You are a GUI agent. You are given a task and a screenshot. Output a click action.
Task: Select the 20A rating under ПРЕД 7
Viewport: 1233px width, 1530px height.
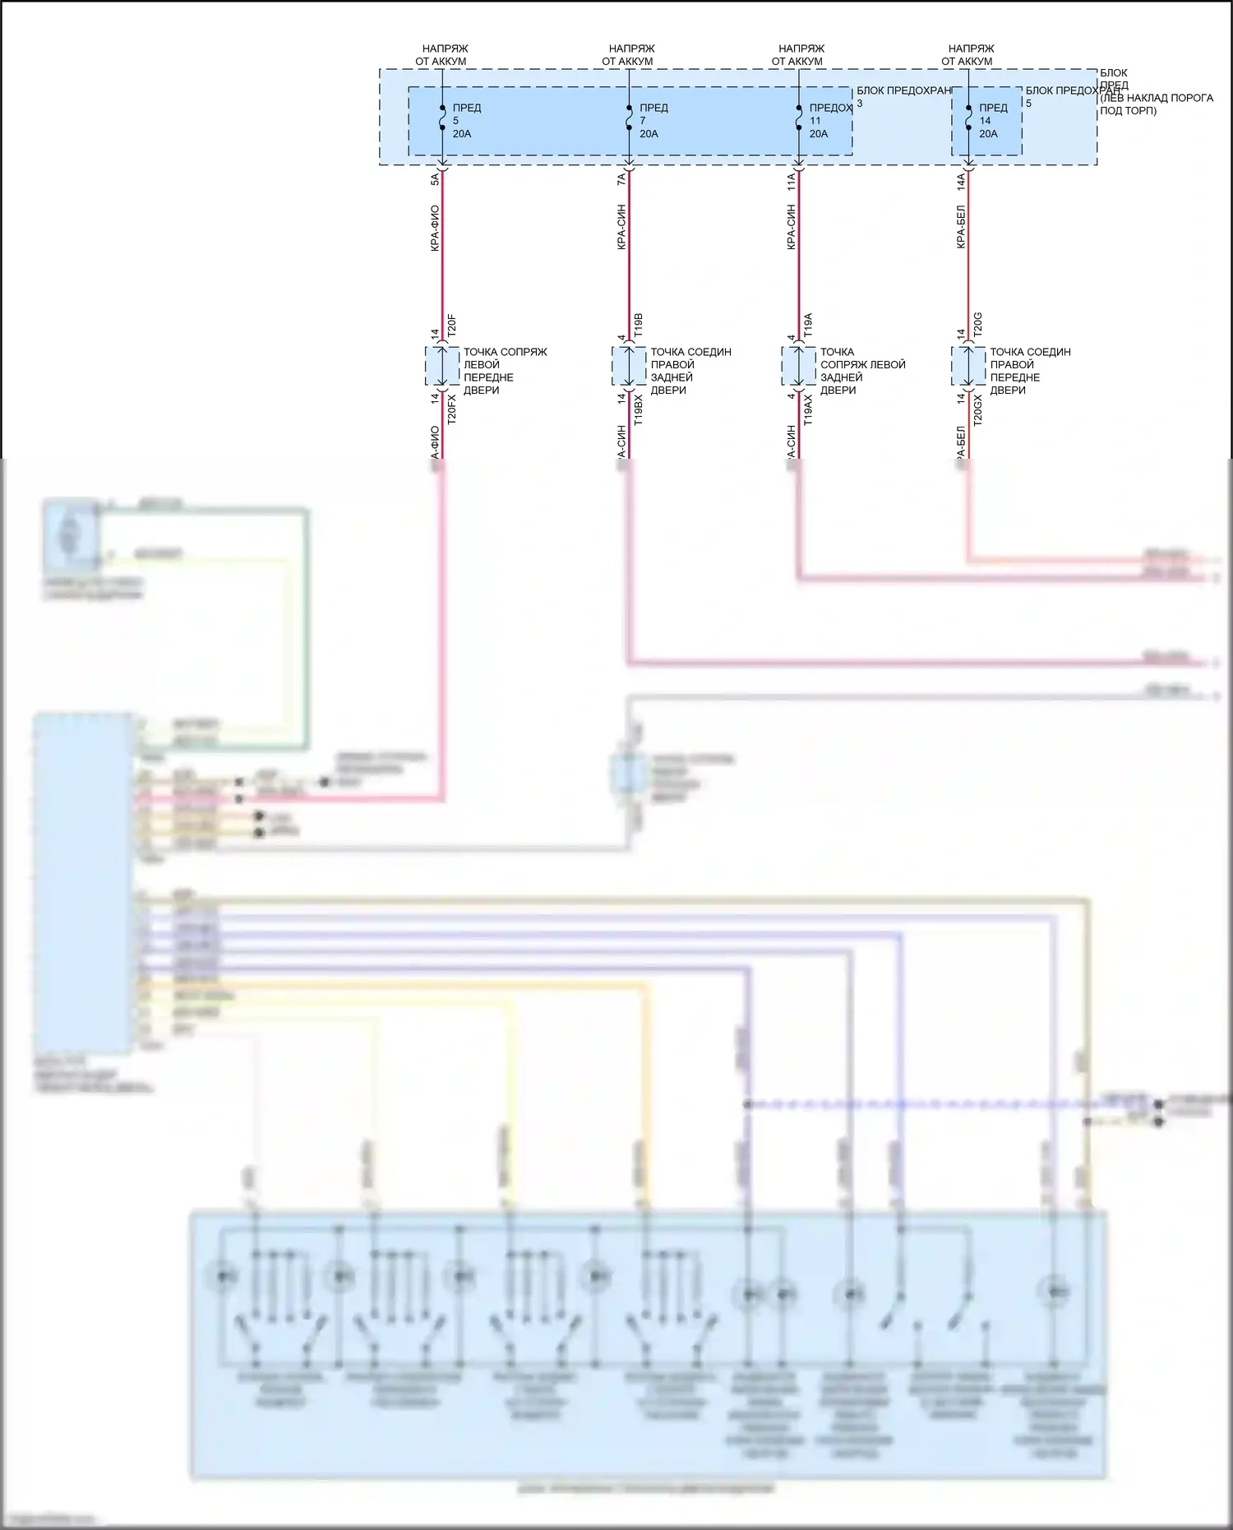[649, 134]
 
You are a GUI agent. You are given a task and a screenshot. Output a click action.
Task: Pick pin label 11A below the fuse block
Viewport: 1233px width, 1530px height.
[791, 182]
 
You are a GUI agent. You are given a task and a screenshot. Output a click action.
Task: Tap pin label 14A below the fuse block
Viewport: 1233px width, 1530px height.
[961, 182]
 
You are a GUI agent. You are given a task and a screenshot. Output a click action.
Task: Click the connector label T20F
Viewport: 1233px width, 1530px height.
[451, 326]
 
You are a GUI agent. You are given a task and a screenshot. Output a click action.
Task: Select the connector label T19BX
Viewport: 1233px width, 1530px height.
[639, 409]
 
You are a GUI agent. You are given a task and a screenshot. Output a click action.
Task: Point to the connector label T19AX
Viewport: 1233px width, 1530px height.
[808, 409]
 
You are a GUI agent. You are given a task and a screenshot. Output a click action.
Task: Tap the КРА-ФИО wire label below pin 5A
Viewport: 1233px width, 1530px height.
[435, 228]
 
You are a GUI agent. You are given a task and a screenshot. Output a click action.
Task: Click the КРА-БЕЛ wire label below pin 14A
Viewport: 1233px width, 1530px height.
[961, 227]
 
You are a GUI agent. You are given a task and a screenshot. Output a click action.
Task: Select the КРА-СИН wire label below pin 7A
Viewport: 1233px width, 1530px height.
[621, 227]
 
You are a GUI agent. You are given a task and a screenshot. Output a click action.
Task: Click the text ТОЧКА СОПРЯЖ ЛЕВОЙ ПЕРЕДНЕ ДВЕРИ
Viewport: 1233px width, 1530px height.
[505, 371]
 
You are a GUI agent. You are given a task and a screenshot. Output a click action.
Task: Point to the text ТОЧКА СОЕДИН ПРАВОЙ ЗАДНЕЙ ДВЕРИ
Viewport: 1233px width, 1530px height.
[690, 371]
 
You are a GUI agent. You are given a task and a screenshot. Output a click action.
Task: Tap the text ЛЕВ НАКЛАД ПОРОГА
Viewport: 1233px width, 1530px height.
[1157, 98]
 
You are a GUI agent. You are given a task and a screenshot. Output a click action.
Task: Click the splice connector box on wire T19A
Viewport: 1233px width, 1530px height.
[798, 366]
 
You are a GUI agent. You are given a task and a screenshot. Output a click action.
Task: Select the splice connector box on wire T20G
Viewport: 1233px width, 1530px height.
[968, 366]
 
